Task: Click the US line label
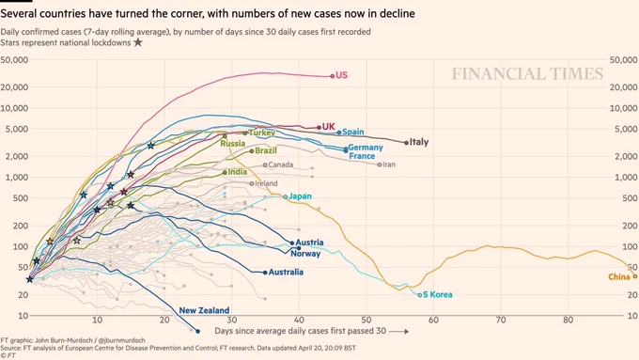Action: click(341, 75)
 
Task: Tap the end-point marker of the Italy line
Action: click(406, 143)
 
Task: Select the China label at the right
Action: click(619, 277)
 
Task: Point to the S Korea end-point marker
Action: click(420, 295)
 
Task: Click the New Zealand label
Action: click(204, 310)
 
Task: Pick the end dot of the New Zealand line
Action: click(198, 332)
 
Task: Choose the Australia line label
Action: click(286, 272)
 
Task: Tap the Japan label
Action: click(300, 196)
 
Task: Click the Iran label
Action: click(389, 164)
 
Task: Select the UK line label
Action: click(329, 127)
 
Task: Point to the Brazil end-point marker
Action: click(252, 151)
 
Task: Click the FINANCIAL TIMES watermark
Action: click(527, 74)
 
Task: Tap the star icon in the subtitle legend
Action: click(138, 42)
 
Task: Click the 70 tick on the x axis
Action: click(501, 320)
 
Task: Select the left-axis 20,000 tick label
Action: click(14, 86)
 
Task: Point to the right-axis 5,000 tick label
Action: click(627, 129)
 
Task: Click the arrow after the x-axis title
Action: click(398, 332)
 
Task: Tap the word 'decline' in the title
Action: click(397, 14)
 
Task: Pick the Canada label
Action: click(281, 164)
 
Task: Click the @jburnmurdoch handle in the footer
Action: click(122, 340)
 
